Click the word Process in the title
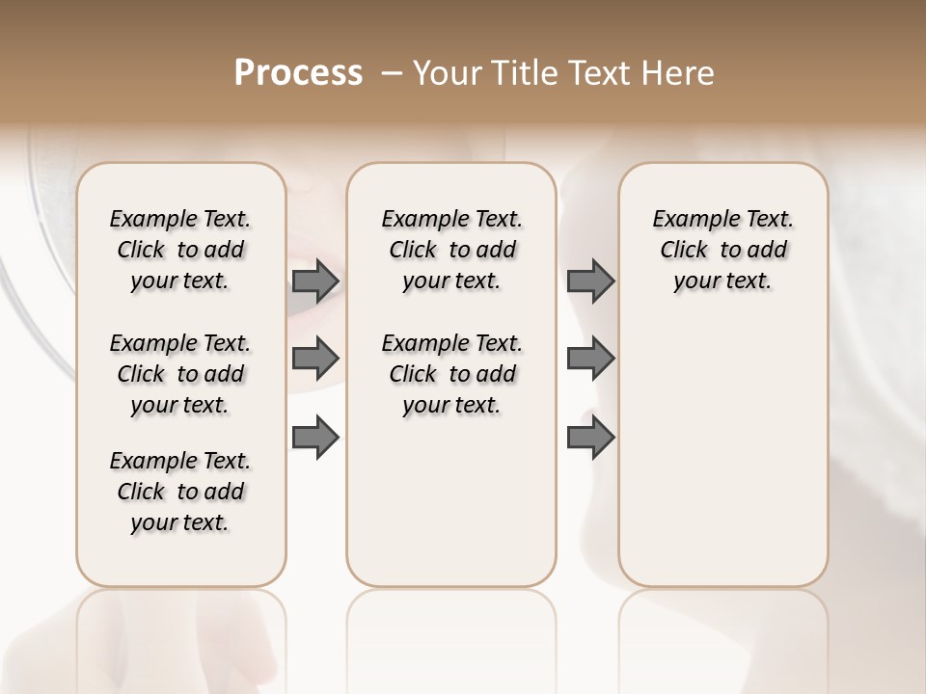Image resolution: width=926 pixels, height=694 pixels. click(x=298, y=73)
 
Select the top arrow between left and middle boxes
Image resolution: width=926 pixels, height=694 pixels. click(x=315, y=280)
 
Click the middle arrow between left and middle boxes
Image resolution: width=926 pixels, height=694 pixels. click(x=315, y=359)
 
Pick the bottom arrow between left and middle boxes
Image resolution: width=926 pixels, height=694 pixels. click(x=315, y=437)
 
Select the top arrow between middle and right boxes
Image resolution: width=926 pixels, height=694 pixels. click(x=590, y=280)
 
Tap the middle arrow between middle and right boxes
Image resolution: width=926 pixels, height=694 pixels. click(x=590, y=359)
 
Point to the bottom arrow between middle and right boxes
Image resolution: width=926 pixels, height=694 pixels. click(x=590, y=437)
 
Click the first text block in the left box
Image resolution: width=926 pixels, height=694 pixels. click(x=180, y=250)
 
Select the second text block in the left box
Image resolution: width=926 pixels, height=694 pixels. click(x=180, y=374)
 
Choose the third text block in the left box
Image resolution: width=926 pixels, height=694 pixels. click(x=180, y=492)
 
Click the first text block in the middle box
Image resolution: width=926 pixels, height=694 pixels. click(x=451, y=250)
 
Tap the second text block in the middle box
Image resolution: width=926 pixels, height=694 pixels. click(x=451, y=374)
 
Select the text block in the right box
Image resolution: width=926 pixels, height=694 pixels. click(x=722, y=250)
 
